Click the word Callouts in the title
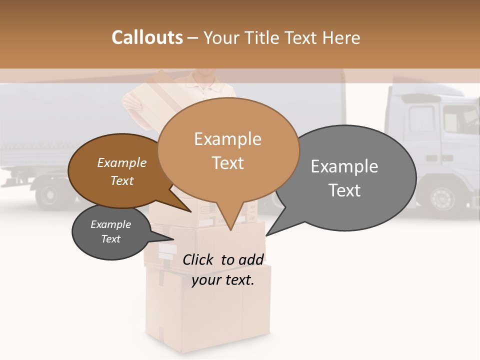pyautogui.click(x=147, y=37)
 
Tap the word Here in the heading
pyautogui.click(x=341, y=37)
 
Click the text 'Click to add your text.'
pyautogui.click(x=222, y=269)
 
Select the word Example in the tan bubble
pyautogui.click(x=228, y=139)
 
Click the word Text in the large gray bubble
pyautogui.click(x=345, y=190)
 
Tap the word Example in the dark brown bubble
pyautogui.click(x=122, y=162)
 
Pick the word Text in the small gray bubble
pyautogui.click(x=111, y=239)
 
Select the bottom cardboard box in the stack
pyautogui.click(x=207, y=310)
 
